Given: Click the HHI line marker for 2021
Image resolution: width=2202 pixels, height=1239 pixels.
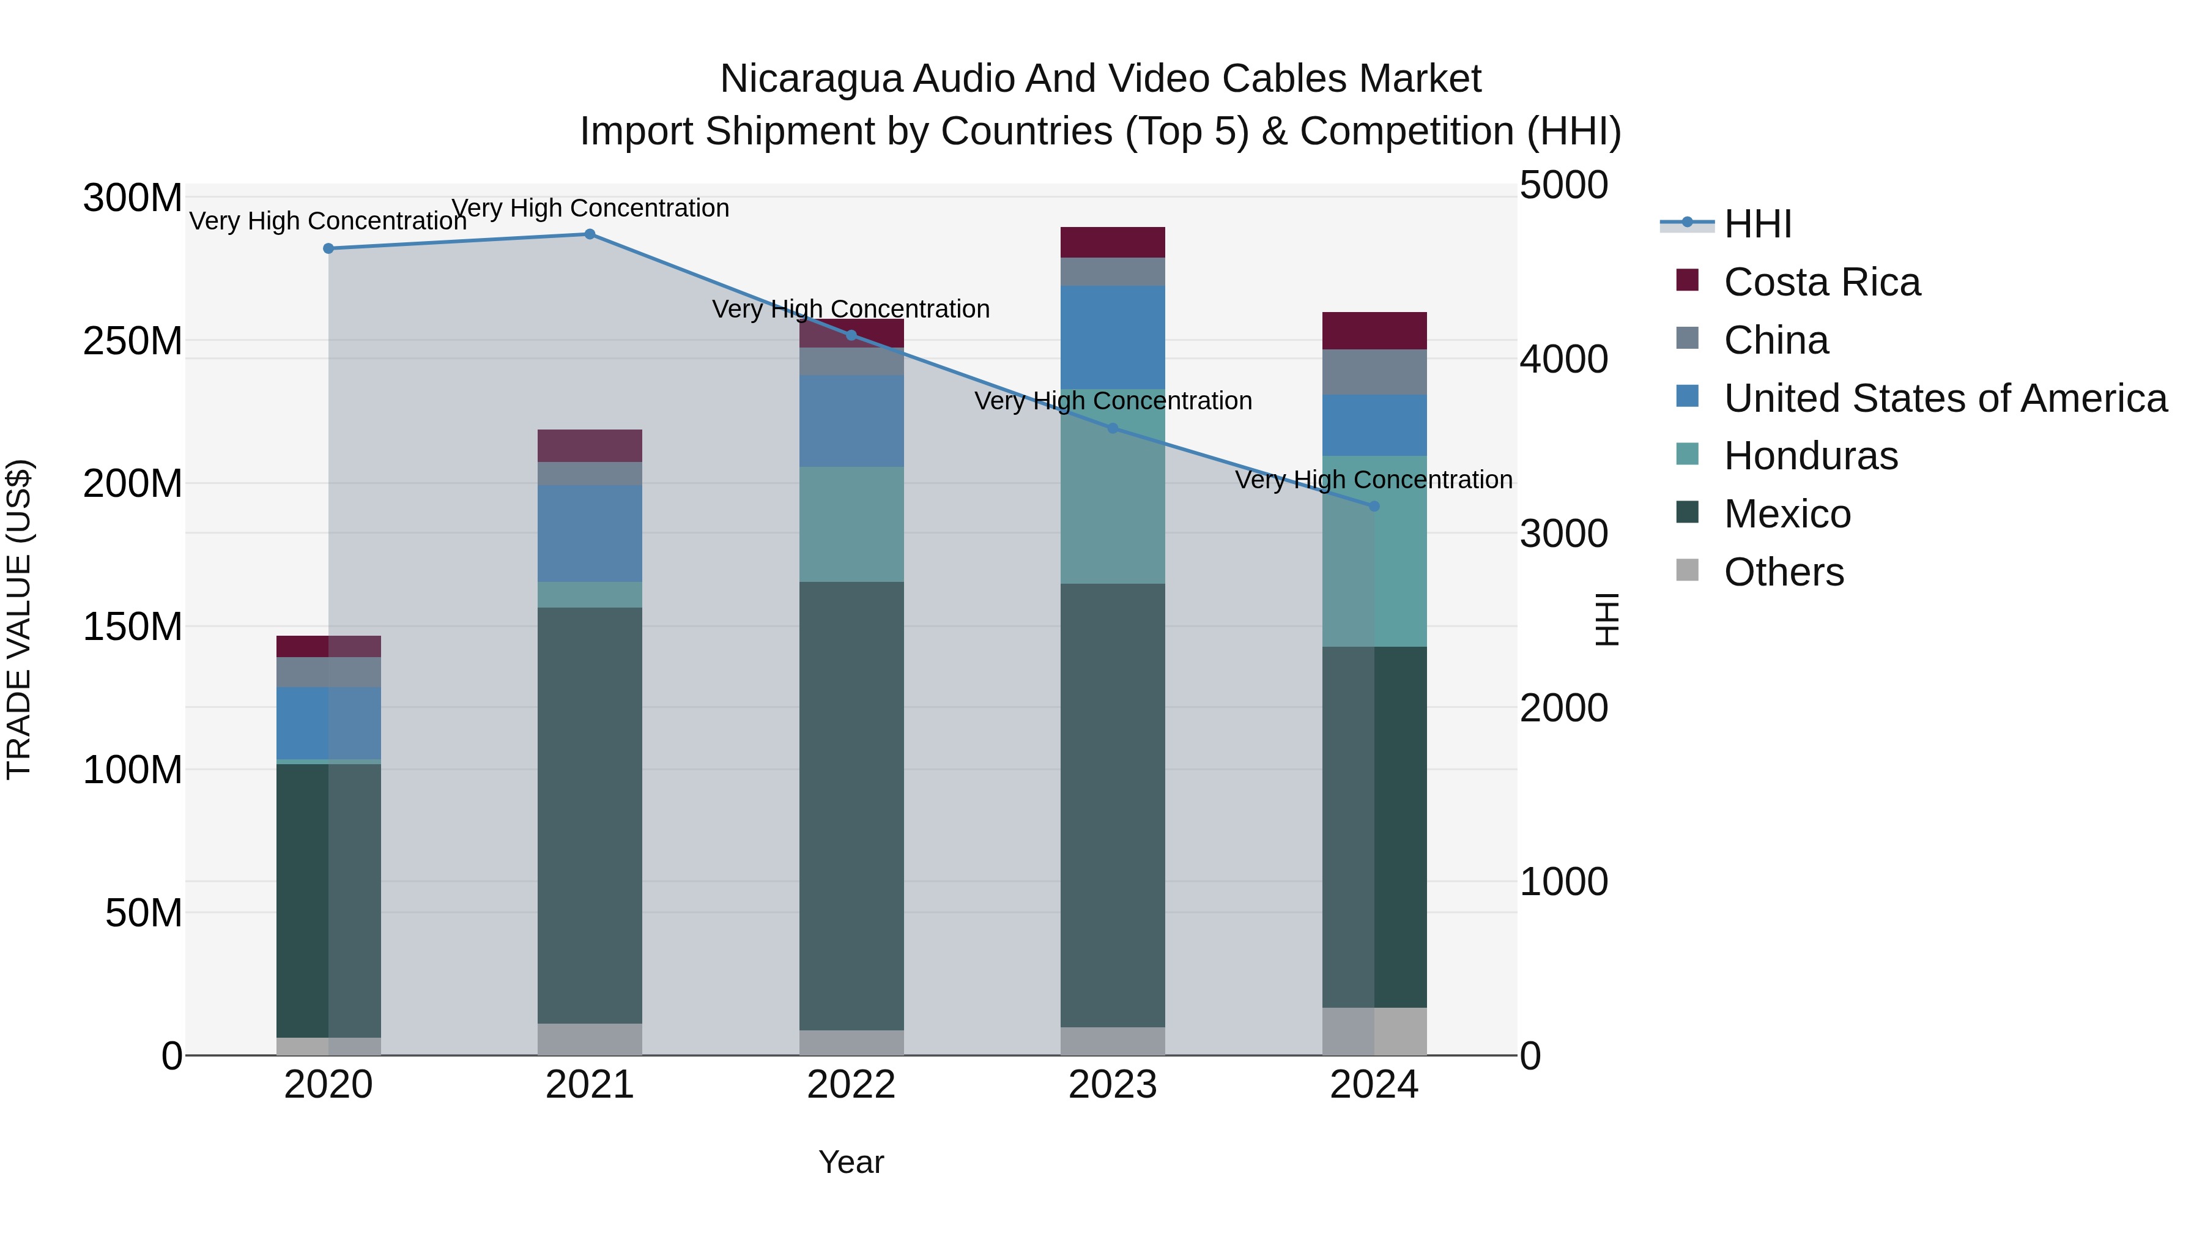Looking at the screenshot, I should [x=590, y=234].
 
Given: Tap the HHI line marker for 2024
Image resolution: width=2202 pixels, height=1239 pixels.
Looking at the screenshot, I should [x=1374, y=506].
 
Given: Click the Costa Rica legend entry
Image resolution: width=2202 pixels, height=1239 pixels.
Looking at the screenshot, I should [x=1822, y=282].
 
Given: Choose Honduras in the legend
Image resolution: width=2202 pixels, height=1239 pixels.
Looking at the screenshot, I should [x=1811, y=456].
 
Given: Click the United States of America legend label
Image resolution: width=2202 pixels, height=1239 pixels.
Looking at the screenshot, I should [x=1944, y=398].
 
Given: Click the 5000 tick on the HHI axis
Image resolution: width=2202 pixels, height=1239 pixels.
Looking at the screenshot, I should [x=1563, y=185].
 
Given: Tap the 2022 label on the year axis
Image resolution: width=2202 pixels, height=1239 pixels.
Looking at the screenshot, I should [x=851, y=1085].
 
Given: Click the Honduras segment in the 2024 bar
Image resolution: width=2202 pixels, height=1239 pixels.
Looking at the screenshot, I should [x=1374, y=551].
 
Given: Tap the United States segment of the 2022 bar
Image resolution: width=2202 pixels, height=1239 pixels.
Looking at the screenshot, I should [x=851, y=421].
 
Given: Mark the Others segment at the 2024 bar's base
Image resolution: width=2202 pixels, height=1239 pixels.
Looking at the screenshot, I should [x=1374, y=1031].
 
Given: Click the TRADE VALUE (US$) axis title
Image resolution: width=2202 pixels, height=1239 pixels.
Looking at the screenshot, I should [x=19, y=619].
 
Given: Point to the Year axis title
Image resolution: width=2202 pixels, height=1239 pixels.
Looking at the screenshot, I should [x=851, y=1162].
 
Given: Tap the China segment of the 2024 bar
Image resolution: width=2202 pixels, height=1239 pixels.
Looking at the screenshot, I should [x=1374, y=372].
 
